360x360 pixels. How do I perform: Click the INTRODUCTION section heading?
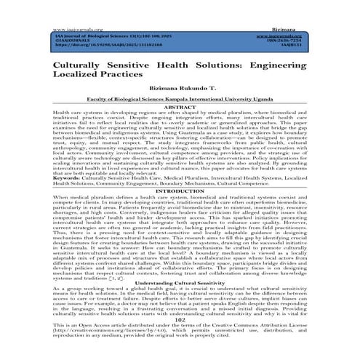tap(180, 191)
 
